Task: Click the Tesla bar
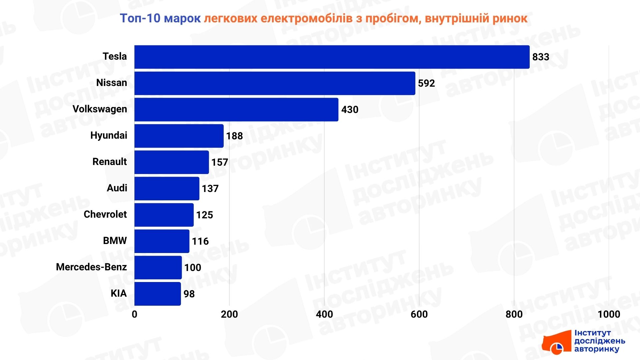[x=332, y=57]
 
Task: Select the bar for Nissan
[x=275, y=83]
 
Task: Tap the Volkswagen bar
[x=236, y=110]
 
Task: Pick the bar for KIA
[x=157, y=294]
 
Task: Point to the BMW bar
[x=162, y=241]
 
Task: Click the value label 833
[x=540, y=57]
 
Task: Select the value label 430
[x=350, y=110]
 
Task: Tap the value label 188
[x=234, y=136]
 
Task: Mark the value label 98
[x=189, y=294]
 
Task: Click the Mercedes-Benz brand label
[x=91, y=267]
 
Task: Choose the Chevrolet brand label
[x=105, y=214]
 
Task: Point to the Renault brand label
[x=109, y=162]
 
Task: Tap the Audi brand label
[x=117, y=188]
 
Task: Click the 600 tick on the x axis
[x=419, y=314]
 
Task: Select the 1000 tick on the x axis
[x=609, y=314]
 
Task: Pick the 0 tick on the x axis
[x=134, y=314]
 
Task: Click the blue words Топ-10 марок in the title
[x=160, y=18]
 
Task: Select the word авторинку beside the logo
[x=596, y=349]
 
